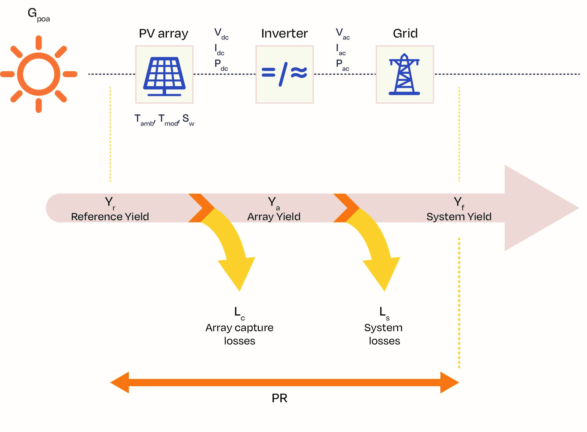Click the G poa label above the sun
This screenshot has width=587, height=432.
(38, 14)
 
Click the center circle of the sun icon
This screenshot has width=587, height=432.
(39, 74)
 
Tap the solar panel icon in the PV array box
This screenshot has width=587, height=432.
(164, 76)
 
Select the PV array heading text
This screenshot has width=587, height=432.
(163, 34)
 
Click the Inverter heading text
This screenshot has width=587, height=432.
(284, 34)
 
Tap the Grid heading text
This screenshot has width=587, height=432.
(405, 34)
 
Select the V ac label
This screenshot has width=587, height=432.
(343, 34)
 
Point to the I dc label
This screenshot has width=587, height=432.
(219, 49)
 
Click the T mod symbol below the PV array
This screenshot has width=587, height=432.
(169, 120)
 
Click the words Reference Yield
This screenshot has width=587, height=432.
(110, 216)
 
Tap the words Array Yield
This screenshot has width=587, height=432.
(274, 216)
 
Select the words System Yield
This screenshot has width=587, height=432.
(459, 216)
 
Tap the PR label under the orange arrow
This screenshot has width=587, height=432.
(279, 398)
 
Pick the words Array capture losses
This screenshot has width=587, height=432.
(239, 334)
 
